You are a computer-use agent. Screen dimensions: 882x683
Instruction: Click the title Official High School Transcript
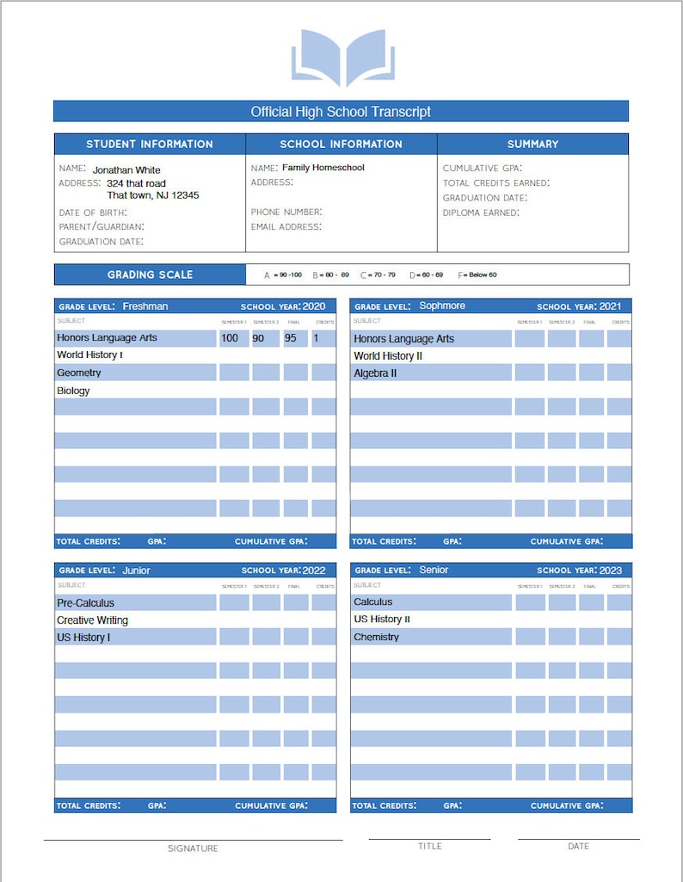(x=341, y=112)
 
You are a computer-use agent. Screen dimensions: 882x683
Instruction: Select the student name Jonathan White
(x=126, y=170)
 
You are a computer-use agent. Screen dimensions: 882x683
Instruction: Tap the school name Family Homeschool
(x=323, y=168)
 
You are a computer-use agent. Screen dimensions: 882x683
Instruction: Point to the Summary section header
(x=532, y=144)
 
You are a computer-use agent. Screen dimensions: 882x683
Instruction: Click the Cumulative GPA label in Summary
(x=482, y=169)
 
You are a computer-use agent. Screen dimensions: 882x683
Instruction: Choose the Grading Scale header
(x=150, y=274)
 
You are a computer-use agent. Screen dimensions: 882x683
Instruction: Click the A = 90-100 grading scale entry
(x=283, y=275)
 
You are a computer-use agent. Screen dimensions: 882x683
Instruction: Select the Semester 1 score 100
(x=230, y=338)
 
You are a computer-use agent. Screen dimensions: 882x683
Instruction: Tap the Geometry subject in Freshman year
(x=79, y=373)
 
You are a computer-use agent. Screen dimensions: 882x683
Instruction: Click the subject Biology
(x=74, y=391)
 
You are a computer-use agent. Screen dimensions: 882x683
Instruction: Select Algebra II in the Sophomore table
(x=375, y=373)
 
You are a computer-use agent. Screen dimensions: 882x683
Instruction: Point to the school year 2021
(x=610, y=306)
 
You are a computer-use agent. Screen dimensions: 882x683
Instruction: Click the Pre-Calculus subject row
(x=86, y=603)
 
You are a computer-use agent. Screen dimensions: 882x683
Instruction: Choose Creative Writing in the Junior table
(x=93, y=620)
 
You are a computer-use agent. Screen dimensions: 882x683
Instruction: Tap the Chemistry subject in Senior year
(x=377, y=638)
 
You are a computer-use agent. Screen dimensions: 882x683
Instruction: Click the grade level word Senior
(x=434, y=570)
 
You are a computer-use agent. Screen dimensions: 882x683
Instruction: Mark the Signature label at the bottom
(x=193, y=848)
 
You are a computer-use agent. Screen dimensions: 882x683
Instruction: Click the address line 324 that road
(x=137, y=183)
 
